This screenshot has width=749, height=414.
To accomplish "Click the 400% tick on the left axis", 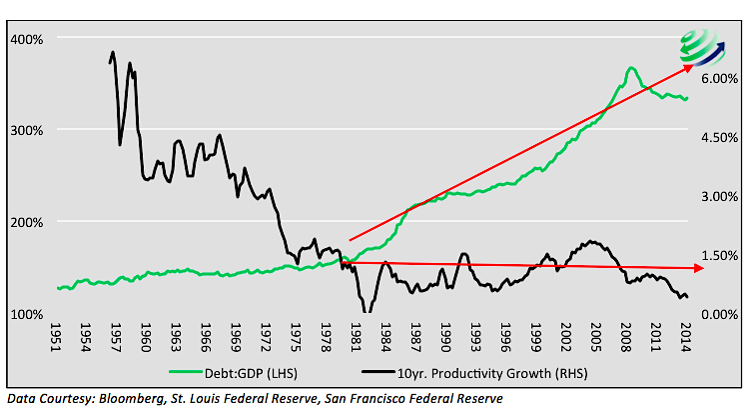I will pyautogui.click(x=27, y=39).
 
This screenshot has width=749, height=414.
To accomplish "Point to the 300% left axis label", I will pyautogui.click(x=27, y=130).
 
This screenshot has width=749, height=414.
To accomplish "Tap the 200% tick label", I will pyautogui.click(x=27, y=222).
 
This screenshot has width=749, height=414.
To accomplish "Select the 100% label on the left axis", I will pyautogui.click(x=27, y=314).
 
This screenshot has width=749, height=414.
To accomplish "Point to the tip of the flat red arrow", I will pyautogui.click(x=690, y=268).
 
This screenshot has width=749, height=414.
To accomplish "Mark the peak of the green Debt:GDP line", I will pyautogui.click(x=631, y=68).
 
